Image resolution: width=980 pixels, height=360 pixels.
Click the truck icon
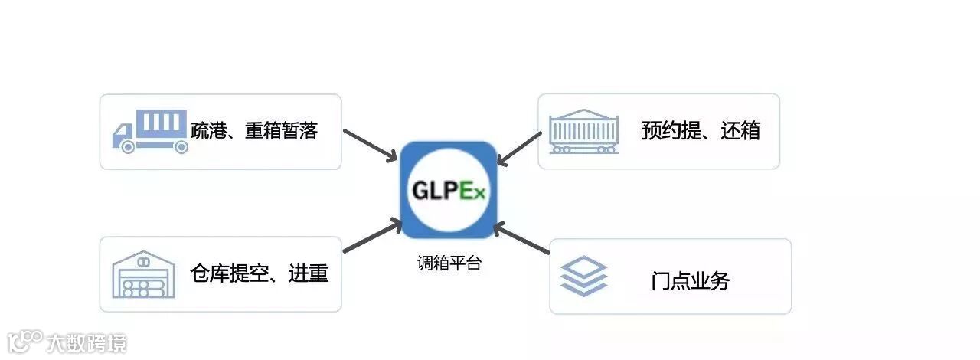coord(150,132)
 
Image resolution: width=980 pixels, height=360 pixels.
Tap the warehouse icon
coord(143,273)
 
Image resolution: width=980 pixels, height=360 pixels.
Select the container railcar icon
coord(583,131)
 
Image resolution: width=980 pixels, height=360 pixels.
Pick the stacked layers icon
coord(583,277)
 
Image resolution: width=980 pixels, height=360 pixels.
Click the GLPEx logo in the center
coord(448,189)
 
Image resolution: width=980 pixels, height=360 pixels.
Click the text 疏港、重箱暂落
coord(253,131)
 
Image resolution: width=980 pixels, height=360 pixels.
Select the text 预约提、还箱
coord(701,131)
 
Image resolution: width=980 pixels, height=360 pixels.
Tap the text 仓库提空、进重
coord(259,273)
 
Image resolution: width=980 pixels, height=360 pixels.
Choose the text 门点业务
coord(690,281)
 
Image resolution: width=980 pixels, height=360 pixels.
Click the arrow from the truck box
coord(371,144)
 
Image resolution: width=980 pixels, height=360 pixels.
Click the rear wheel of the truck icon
coord(181,147)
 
